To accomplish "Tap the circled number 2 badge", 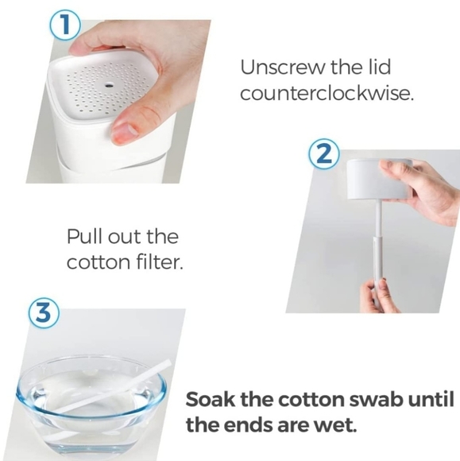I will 323,154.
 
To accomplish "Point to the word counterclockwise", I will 327,93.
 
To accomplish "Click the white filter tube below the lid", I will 377,246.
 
